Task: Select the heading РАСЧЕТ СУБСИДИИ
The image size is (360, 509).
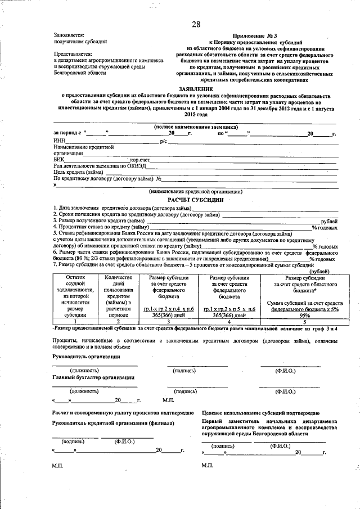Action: (195, 200)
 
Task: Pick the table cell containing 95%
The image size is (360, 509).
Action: (305, 316)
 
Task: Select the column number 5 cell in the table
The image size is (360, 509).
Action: (305, 322)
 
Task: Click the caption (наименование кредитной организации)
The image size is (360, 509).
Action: (195, 191)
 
